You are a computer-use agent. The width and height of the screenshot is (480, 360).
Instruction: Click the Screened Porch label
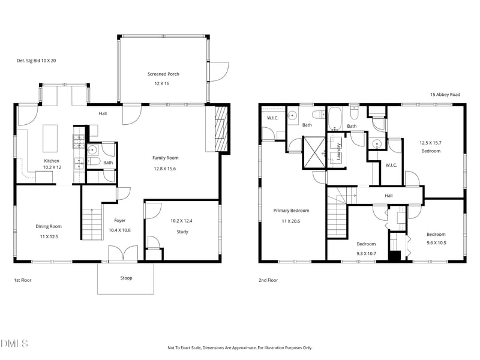(163, 74)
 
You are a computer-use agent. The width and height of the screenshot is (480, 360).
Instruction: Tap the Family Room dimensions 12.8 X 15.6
(165, 169)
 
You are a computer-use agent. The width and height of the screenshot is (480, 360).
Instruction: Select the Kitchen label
(52, 161)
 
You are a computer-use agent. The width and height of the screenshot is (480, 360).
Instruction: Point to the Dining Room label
(49, 226)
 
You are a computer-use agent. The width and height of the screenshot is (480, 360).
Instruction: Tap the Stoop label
(126, 278)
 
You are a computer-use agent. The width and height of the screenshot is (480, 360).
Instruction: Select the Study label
(182, 232)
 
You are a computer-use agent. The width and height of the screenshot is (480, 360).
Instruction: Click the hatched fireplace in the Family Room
(222, 130)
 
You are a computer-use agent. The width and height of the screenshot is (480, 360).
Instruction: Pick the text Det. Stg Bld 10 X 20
(36, 61)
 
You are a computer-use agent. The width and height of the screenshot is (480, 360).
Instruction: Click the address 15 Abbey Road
(445, 94)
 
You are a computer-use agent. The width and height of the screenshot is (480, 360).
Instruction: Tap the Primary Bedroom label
(291, 211)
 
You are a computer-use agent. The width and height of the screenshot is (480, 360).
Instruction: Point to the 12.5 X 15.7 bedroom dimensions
(430, 142)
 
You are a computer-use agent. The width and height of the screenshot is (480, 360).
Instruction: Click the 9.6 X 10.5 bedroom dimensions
(436, 243)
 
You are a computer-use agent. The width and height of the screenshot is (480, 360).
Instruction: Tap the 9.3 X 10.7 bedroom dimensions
(366, 253)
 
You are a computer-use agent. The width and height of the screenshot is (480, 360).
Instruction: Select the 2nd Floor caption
(268, 280)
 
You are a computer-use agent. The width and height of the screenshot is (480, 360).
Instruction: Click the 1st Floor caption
(22, 280)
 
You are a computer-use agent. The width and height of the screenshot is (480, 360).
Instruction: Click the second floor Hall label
(388, 196)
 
